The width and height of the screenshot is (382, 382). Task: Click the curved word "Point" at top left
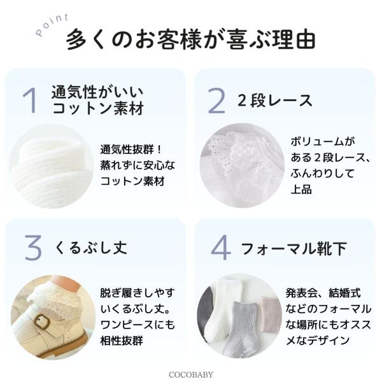(x=52, y=25)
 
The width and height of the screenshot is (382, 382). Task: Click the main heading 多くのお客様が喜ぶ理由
(x=191, y=39)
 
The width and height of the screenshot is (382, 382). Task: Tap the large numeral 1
(x=30, y=101)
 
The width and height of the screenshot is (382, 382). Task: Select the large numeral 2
(x=216, y=101)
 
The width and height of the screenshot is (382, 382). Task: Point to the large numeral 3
(x=33, y=248)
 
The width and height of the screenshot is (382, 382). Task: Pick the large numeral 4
(x=220, y=248)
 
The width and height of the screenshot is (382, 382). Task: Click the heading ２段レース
(x=274, y=101)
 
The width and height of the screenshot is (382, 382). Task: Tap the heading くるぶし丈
(x=90, y=248)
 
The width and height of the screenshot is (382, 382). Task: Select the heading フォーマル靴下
(x=294, y=248)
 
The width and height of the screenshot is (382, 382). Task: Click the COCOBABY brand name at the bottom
(x=191, y=375)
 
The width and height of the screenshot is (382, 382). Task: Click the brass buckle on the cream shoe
(x=41, y=322)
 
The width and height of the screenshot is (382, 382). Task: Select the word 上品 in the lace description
(x=301, y=189)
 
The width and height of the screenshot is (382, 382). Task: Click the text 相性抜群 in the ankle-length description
(x=122, y=341)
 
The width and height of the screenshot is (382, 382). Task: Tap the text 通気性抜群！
(x=131, y=149)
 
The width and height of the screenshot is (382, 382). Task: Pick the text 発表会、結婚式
(x=323, y=293)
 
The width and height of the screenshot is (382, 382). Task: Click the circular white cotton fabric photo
(x=52, y=166)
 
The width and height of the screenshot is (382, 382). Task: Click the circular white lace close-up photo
(x=243, y=166)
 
